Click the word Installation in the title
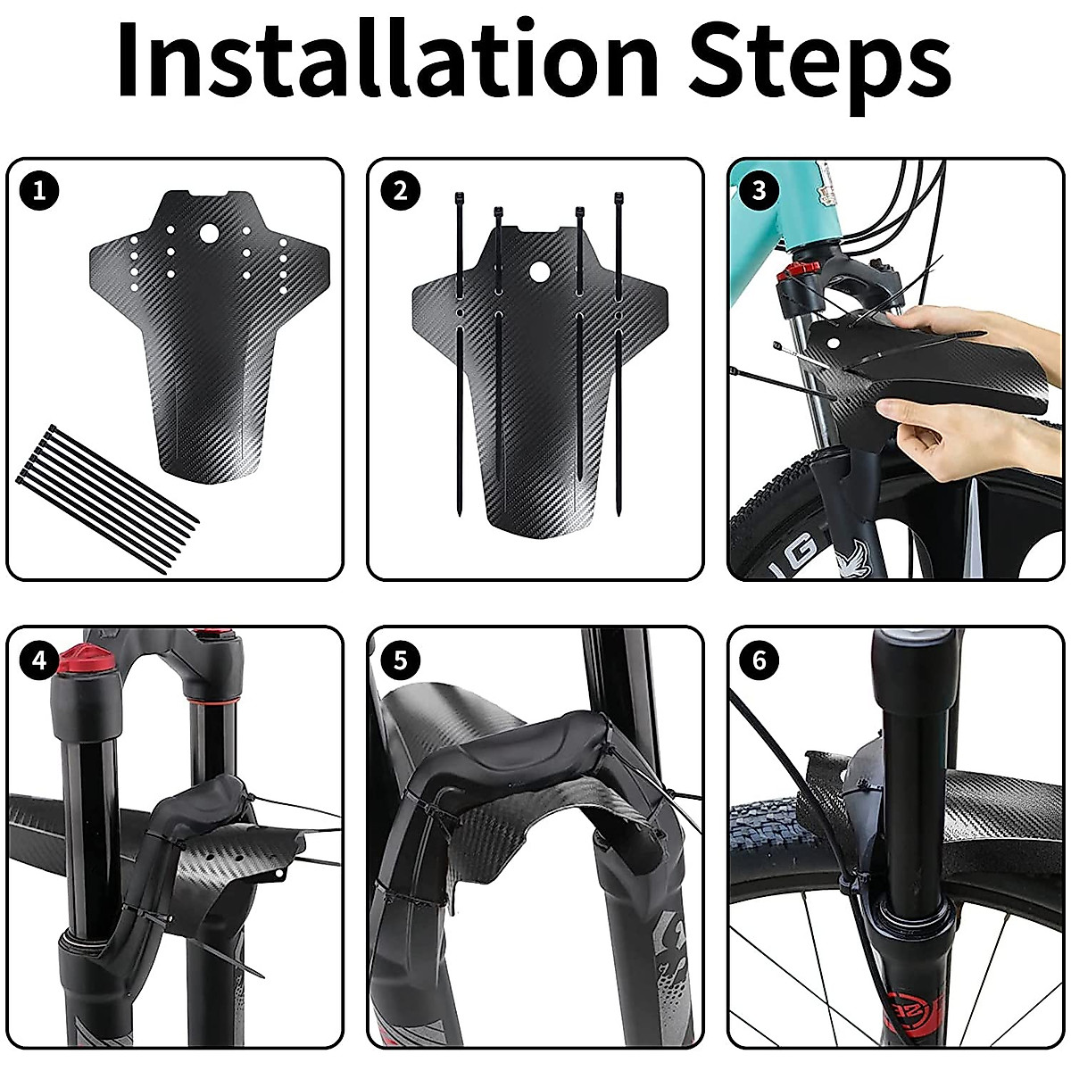click(x=386, y=61)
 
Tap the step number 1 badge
click(x=38, y=190)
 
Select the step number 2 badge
click(x=399, y=190)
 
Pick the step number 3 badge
click(x=760, y=190)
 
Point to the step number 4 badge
click(x=38, y=660)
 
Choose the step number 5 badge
click(x=399, y=660)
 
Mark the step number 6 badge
click(x=760, y=660)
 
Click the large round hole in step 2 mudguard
click(x=539, y=271)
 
